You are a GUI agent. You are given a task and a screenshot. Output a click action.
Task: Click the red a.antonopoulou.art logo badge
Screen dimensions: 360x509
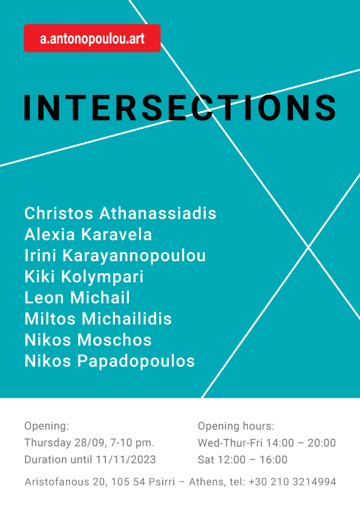click(93, 38)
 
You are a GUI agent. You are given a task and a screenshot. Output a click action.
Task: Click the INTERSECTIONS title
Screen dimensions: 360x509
click(180, 108)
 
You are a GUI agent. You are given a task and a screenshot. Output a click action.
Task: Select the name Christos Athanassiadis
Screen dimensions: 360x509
click(120, 213)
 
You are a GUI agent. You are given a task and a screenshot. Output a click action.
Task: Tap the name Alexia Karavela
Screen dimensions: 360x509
click(88, 235)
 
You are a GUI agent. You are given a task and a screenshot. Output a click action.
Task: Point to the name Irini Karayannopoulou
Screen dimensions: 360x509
click(116, 256)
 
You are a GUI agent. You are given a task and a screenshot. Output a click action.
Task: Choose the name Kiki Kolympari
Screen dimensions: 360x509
click(84, 277)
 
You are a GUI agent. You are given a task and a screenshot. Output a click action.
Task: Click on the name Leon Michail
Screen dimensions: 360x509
click(77, 297)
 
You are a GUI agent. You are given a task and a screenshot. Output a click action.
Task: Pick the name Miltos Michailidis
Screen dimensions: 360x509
click(98, 319)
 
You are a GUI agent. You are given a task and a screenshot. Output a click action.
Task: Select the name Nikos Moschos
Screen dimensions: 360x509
click(88, 340)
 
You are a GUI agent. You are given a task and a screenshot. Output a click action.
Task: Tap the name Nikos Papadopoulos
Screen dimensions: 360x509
click(110, 361)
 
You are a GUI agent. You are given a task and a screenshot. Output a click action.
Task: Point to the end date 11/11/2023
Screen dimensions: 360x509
click(126, 459)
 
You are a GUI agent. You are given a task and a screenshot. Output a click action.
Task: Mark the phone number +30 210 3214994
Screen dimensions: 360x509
click(292, 482)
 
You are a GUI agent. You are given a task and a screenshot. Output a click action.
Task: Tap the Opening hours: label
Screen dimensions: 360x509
click(236, 426)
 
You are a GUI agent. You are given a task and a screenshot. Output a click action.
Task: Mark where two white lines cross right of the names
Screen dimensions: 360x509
click(308, 247)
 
